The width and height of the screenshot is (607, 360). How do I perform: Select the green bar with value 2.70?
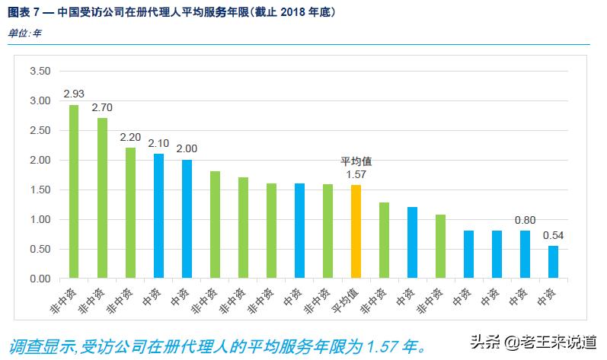[102, 199]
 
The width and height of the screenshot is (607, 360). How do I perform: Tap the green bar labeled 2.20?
[130, 213]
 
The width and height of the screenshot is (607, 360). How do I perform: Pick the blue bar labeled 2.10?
[158, 216]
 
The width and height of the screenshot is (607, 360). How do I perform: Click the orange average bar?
[356, 232]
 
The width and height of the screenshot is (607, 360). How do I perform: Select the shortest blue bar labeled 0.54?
[553, 263]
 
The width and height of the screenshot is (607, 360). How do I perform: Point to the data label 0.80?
[525, 221]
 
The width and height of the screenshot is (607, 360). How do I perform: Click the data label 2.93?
[74, 94]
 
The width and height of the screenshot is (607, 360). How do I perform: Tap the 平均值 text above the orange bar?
[356, 162]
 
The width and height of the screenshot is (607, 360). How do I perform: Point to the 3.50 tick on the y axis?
[40, 72]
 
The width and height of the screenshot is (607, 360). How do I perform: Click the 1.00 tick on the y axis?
[40, 220]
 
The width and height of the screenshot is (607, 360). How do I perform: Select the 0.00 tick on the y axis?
[40, 279]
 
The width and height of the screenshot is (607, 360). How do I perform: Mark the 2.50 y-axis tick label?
[40, 131]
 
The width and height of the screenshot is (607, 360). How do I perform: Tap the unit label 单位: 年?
[24, 33]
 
